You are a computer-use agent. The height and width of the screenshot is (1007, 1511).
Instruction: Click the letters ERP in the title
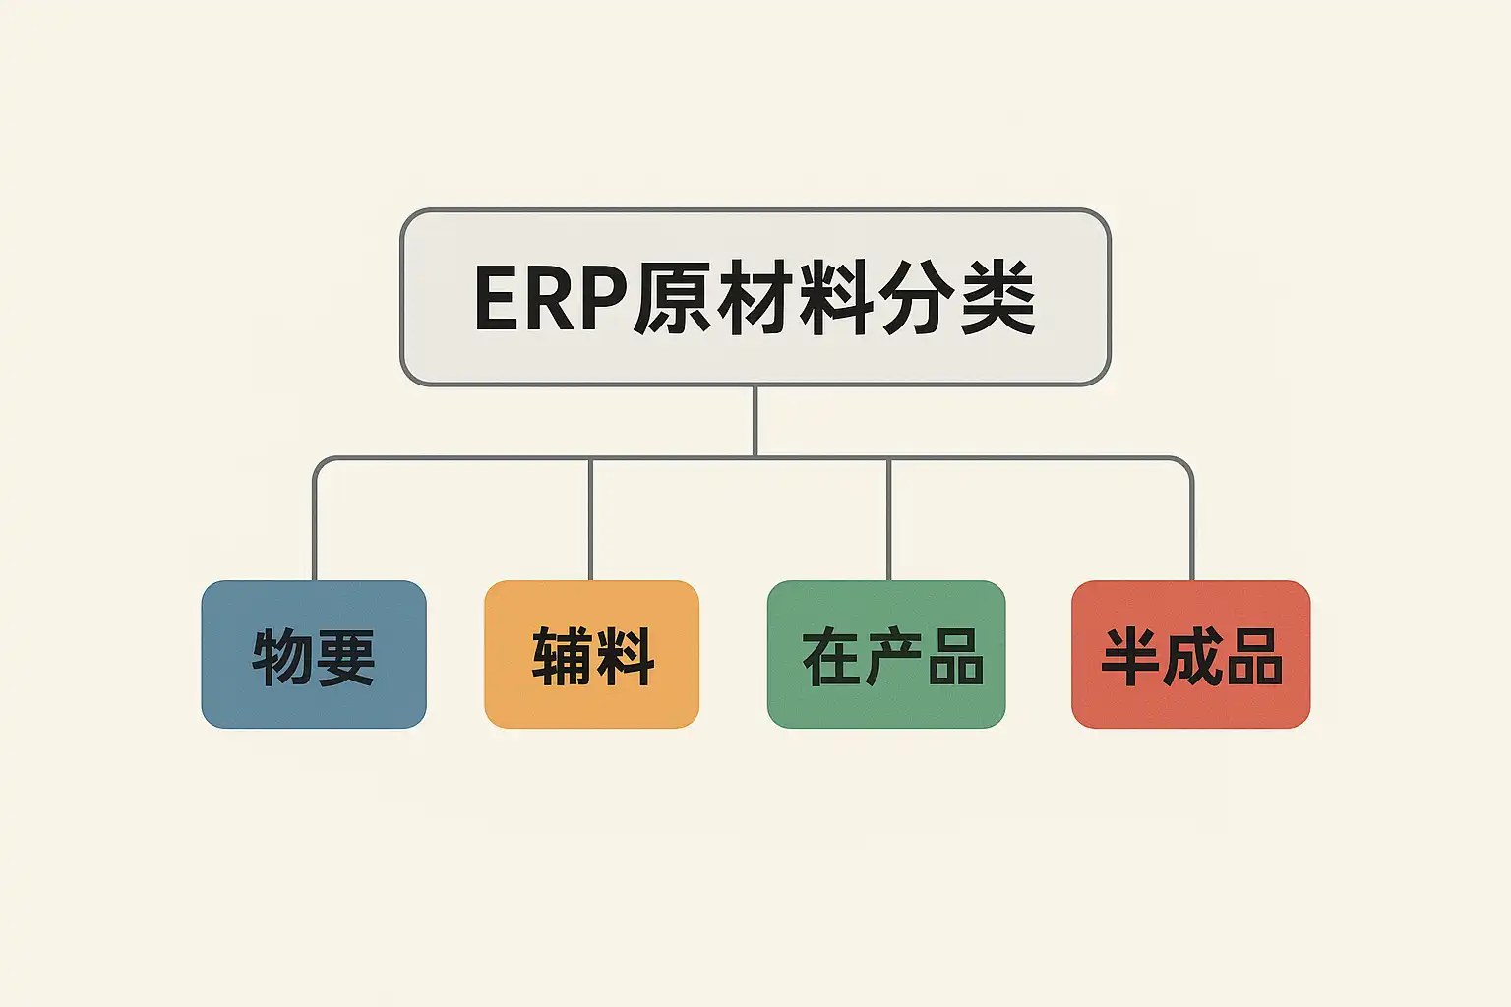549,298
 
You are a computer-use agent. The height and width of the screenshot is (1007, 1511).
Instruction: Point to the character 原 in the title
671,298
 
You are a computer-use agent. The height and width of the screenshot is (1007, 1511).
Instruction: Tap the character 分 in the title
917,298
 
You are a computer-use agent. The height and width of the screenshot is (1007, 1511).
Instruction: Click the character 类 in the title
997,298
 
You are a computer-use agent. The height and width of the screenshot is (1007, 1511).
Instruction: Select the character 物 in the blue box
283,657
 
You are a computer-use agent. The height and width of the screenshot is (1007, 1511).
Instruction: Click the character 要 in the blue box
344,657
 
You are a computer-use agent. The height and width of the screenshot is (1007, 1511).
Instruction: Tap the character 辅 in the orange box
562,657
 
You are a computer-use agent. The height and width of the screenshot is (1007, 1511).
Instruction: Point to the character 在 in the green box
831,657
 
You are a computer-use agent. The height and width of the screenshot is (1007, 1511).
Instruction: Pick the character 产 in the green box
893,657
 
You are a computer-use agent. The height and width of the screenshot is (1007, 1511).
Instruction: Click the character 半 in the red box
1130,657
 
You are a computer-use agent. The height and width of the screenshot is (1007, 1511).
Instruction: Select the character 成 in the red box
1191,657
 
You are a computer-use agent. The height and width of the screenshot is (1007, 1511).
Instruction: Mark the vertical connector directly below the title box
755,421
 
